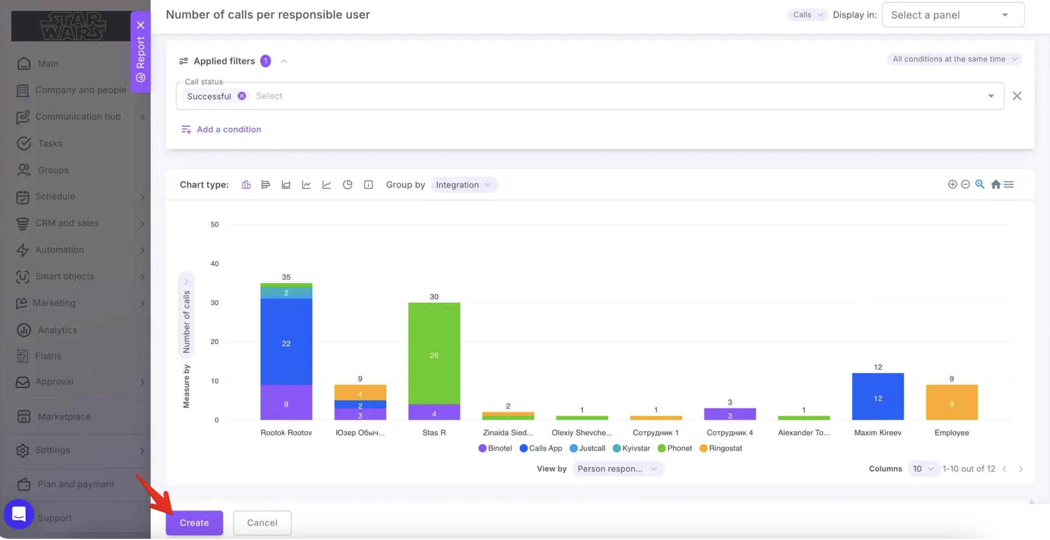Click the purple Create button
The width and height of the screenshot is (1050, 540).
point(194,523)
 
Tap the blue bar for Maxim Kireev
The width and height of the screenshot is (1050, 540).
point(878,396)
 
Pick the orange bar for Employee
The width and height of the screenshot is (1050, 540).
point(952,403)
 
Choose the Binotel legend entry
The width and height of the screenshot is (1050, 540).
point(495,448)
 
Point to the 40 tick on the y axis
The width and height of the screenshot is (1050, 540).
point(214,264)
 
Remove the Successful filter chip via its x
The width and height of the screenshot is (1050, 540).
point(242,96)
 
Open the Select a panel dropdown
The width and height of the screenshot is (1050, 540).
point(953,15)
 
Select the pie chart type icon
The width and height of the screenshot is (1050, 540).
point(347,185)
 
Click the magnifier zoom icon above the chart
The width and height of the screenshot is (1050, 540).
point(979,184)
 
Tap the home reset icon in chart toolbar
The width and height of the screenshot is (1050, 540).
point(996,185)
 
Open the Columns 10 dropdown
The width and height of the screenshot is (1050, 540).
point(923,469)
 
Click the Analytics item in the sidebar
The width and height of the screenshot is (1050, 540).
point(57,330)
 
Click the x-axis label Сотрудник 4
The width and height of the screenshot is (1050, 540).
point(730,433)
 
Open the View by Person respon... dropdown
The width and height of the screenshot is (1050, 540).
point(618,469)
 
